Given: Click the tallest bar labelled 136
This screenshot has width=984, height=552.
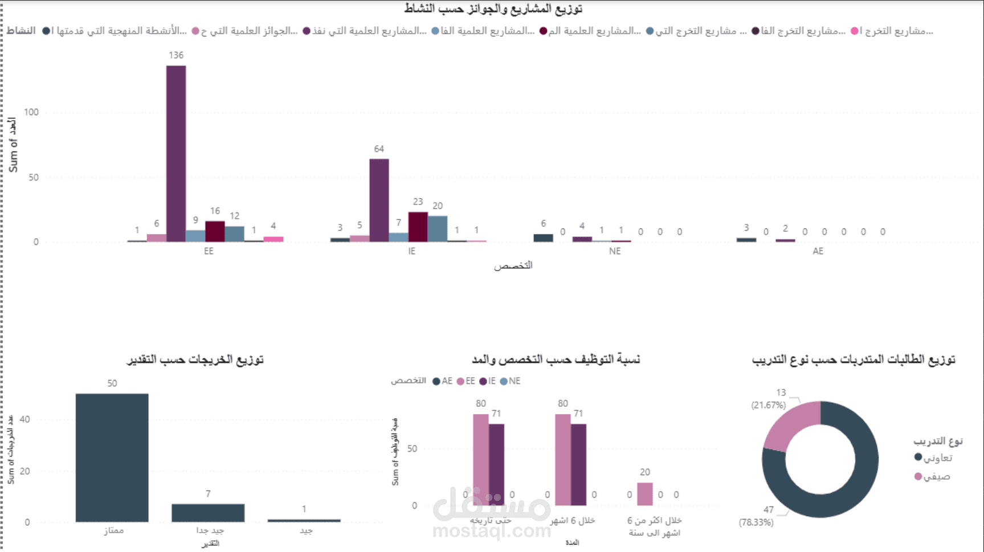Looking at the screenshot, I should click(x=176, y=154).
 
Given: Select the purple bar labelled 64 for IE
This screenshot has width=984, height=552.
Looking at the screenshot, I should click(x=379, y=200).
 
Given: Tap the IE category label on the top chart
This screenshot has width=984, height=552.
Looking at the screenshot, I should click(x=411, y=251).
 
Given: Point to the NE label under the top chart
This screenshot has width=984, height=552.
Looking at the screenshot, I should click(x=614, y=251).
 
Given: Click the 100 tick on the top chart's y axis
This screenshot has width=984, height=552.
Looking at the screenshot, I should click(x=31, y=112).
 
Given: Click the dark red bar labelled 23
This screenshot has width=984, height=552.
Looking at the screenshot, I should click(x=418, y=227).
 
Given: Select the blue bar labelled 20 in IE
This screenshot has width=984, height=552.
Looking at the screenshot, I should click(x=438, y=228).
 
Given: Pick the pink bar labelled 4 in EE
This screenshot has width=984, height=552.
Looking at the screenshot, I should click(x=273, y=239).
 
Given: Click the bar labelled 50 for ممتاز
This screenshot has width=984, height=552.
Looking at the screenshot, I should click(x=112, y=457).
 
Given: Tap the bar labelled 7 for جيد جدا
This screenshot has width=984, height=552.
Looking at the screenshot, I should click(x=208, y=513).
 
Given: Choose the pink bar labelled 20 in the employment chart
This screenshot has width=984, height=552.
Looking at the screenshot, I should click(x=645, y=494).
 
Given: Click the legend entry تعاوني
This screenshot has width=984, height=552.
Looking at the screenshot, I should click(x=937, y=458).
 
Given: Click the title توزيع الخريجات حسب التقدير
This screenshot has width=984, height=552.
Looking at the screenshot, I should click(x=195, y=359).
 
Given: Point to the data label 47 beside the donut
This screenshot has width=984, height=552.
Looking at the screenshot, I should click(x=769, y=510).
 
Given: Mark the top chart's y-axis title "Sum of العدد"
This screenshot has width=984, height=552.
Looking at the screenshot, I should click(x=13, y=145).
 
